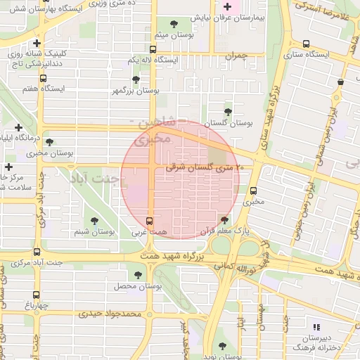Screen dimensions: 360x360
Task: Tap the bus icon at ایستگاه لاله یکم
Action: tap(153, 49)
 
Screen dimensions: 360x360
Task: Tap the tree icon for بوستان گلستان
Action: tap(227, 111)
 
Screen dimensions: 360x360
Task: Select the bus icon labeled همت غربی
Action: tap(148, 219)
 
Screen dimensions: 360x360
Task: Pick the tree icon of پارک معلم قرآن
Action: tap(224, 219)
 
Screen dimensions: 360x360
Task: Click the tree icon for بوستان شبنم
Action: tap(95, 219)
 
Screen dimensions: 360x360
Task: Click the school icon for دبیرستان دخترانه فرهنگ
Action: tap(316, 327)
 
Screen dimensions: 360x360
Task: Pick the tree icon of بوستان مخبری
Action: tap(49, 141)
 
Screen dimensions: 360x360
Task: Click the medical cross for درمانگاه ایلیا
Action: tap(19, 127)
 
